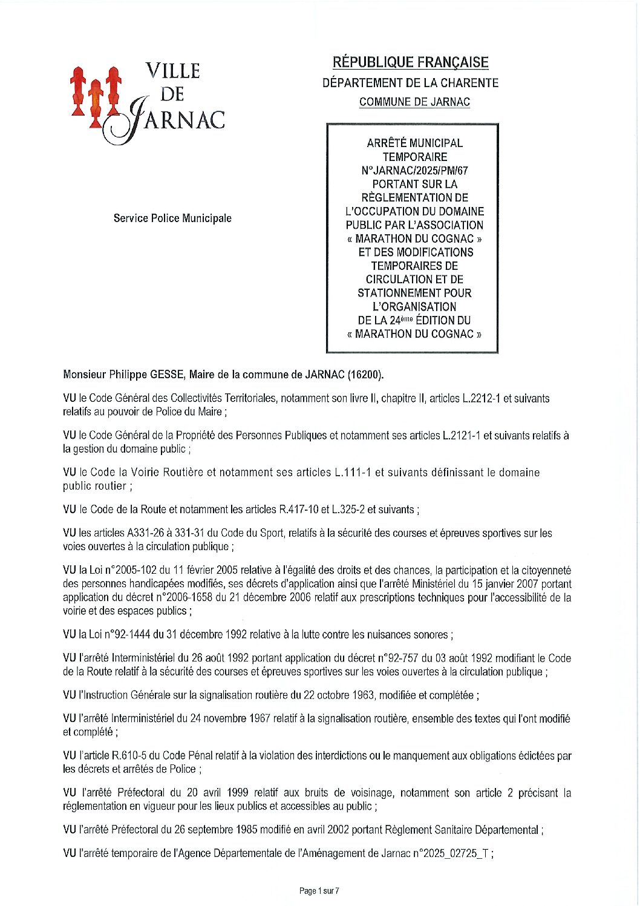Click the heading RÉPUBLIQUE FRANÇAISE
click(x=410, y=62)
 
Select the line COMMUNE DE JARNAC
click(x=414, y=102)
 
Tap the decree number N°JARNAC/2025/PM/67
click(x=414, y=171)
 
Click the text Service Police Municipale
click(x=172, y=218)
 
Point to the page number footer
click(x=319, y=891)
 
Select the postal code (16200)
click(x=365, y=375)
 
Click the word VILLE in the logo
click(x=172, y=71)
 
